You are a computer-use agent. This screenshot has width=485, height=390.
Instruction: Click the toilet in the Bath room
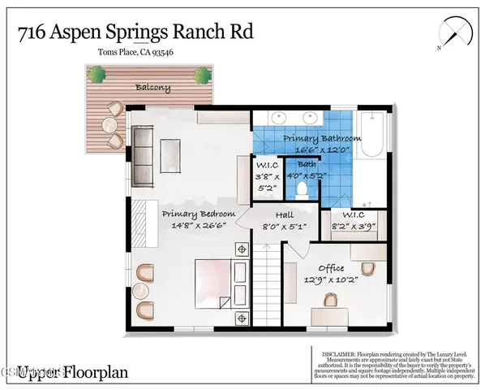[301, 189]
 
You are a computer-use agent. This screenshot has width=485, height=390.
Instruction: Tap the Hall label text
[285, 214]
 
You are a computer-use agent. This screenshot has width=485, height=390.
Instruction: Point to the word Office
[331, 268]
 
